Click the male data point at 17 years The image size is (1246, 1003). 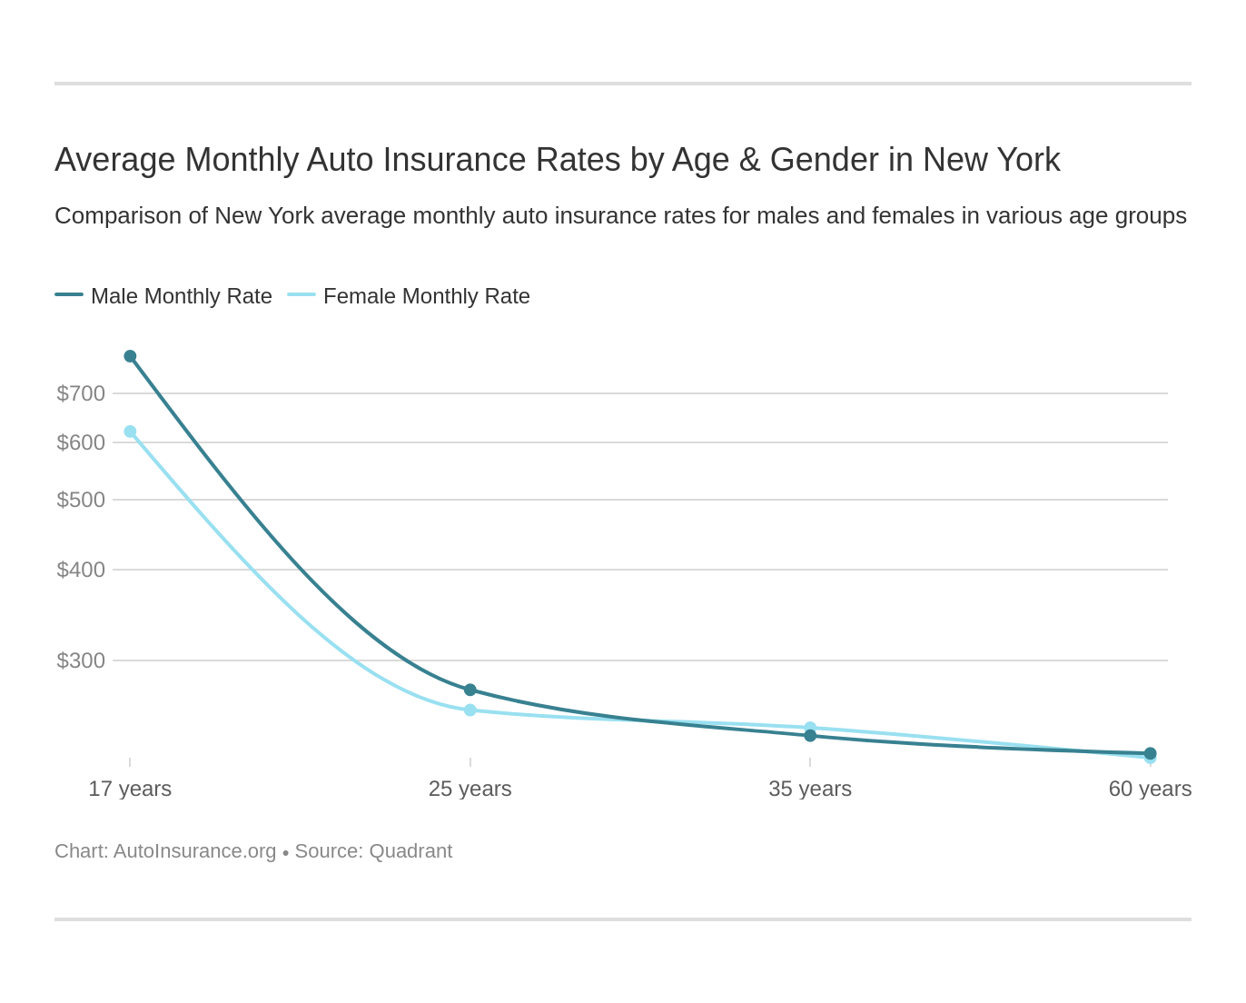point(130,356)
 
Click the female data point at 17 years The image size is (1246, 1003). point(130,432)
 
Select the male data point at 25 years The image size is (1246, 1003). point(470,690)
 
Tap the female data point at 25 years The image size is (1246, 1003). point(470,710)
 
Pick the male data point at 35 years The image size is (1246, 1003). point(810,736)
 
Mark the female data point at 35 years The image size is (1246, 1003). point(810,727)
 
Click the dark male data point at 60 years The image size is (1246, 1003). point(1150,753)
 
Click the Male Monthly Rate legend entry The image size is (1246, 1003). point(163,296)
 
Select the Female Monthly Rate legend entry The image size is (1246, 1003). point(409,296)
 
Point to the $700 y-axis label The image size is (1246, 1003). point(81,393)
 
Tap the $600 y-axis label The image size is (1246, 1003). point(81,442)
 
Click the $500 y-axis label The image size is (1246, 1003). point(81,500)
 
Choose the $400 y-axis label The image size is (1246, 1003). point(81,570)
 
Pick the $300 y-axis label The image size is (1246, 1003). point(81,660)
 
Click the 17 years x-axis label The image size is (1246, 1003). point(130,789)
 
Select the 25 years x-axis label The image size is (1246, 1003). point(470,789)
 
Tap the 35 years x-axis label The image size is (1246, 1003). point(810,789)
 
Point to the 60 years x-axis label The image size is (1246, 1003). point(1150,789)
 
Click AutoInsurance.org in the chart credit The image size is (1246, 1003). point(194,851)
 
